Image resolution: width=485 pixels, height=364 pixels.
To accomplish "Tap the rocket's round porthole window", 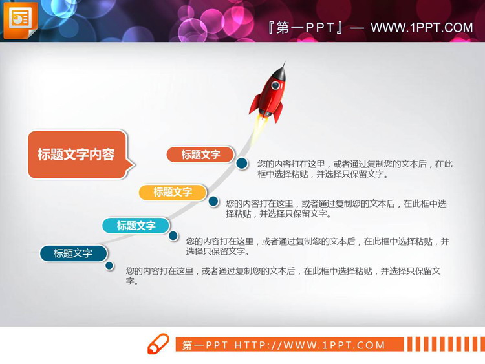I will [x=277, y=85].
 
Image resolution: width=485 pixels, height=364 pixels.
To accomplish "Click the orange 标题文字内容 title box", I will [x=77, y=155].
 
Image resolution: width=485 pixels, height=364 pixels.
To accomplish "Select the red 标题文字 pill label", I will [x=200, y=155].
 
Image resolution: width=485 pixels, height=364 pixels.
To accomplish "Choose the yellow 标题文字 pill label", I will [x=173, y=192].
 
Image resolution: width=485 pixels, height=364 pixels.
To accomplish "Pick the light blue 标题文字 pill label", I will [x=136, y=226].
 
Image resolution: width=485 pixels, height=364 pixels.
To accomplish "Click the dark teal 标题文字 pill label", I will [x=73, y=253].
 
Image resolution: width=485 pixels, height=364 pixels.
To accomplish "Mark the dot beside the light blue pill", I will [x=173, y=236].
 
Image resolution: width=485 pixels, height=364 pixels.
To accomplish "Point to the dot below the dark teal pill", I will [x=109, y=265].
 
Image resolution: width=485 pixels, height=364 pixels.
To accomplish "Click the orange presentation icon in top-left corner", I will [x=20, y=19].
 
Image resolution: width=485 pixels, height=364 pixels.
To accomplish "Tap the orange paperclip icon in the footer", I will [x=158, y=344].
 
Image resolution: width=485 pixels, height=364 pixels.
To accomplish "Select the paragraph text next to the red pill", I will [x=354, y=169].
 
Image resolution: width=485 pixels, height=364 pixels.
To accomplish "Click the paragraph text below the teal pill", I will [x=283, y=275].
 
